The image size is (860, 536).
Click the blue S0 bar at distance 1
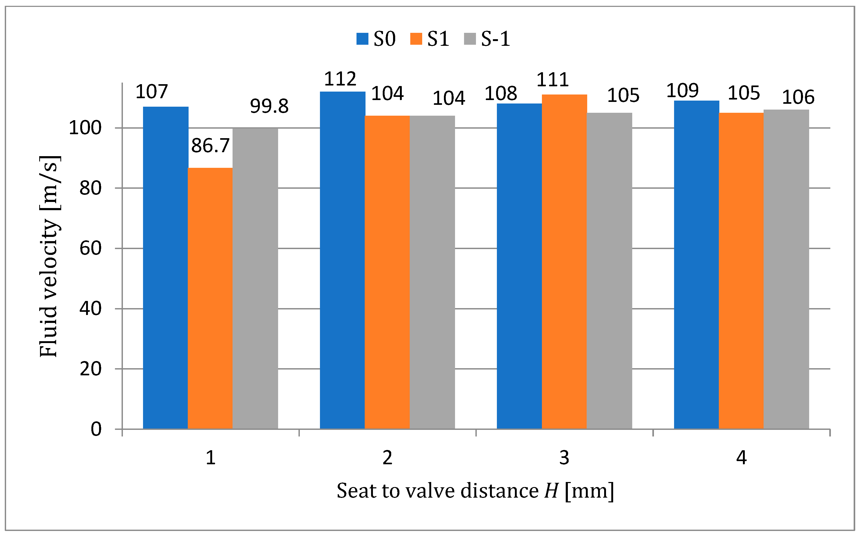click(166, 268)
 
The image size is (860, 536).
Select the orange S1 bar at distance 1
click(210, 298)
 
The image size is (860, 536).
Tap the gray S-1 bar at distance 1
click(255, 278)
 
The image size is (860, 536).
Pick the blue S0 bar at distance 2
click(342, 260)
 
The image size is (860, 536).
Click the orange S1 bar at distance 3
click(564, 262)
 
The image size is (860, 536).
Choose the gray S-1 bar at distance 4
click(786, 269)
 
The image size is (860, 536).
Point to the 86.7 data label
click(210, 146)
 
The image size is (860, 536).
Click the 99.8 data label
click(269, 106)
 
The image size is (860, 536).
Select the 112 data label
click(340, 79)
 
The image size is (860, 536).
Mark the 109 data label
click(682, 91)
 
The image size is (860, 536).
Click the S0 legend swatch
click(362, 39)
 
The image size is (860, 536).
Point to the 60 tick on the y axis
click(90, 248)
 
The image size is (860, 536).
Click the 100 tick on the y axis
click(85, 128)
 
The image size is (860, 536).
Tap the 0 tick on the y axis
click(96, 429)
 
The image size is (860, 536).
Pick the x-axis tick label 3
click(564, 458)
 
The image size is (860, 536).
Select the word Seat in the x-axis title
click(357, 491)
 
